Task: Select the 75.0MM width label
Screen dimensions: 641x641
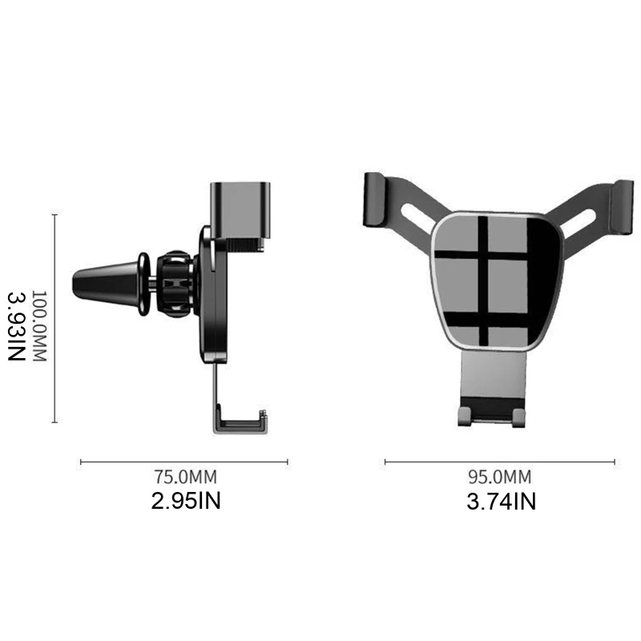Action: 185,478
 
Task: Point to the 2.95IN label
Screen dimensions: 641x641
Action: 185,502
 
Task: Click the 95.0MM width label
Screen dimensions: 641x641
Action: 499,478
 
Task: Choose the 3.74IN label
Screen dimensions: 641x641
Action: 501,502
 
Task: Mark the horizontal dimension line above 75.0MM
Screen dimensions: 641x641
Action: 184,462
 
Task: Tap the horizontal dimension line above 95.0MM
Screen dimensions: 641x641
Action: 499,462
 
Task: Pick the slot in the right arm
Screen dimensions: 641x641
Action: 579,219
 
